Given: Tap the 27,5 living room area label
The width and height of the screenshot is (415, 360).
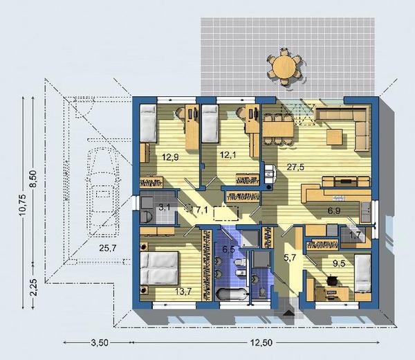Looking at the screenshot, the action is click(x=295, y=168).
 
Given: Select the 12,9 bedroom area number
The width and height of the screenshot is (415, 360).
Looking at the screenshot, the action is click(x=170, y=158).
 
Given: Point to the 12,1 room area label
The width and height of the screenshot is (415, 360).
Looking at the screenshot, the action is click(x=228, y=155).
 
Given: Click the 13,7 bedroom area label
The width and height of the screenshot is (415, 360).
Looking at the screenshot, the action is click(x=183, y=291).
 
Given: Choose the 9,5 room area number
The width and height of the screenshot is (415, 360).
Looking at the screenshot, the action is click(x=339, y=264).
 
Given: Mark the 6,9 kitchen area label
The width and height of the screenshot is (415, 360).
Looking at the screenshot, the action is click(x=334, y=211).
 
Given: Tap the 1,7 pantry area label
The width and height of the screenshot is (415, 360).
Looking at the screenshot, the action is click(x=356, y=235).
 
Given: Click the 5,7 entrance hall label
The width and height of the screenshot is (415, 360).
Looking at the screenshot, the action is click(x=290, y=258).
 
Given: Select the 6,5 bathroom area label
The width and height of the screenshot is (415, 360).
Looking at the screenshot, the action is click(x=229, y=250).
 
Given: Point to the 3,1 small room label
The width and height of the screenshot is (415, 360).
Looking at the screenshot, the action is click(x=165, y=208).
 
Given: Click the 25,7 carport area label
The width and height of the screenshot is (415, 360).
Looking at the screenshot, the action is click(x=108, y=249).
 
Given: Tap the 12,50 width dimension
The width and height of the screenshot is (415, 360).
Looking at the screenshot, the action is click(x=261, y=343).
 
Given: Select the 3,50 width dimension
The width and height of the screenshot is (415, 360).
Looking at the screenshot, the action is click(x=100, y=343).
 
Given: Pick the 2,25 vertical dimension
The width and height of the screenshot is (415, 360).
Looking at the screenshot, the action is click(x=33, y=287).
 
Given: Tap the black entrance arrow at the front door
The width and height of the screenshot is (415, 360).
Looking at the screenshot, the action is click(x=288, y=313).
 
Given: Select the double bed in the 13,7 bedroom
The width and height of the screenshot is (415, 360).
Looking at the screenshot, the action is click(x=160, y=268).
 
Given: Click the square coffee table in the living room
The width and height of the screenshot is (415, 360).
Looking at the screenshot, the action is click(x=335, y=136).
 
